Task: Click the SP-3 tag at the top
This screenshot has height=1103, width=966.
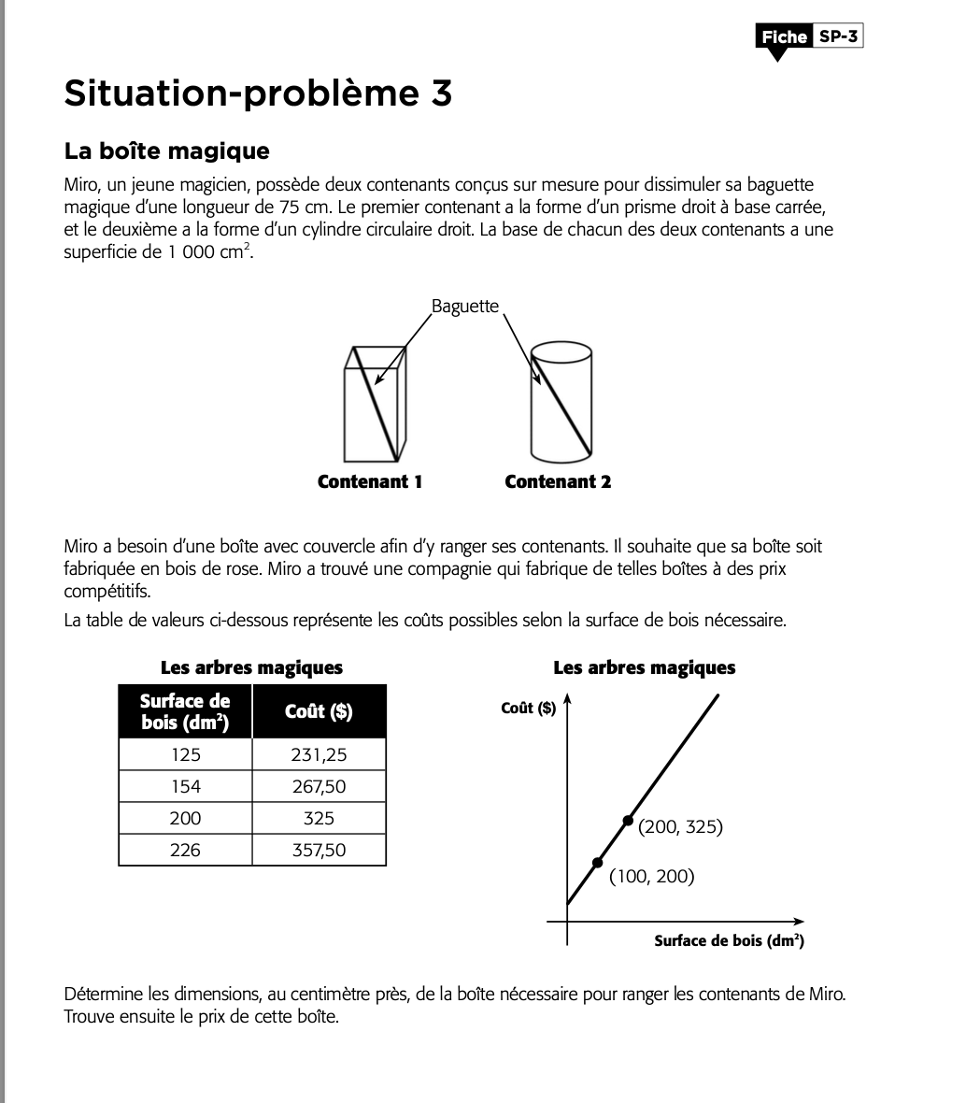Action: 837,36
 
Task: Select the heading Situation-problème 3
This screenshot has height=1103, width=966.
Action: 258,93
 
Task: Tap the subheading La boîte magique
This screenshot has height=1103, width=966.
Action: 166,151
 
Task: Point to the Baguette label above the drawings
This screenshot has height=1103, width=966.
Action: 464,307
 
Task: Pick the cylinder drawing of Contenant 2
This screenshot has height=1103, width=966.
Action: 561,403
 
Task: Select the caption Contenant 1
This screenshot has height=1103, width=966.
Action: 370,482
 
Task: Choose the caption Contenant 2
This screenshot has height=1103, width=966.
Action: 558,482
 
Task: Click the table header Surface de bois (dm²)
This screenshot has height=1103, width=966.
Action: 185,711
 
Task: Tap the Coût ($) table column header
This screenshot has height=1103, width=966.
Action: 319,711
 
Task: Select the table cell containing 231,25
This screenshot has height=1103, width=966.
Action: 319,754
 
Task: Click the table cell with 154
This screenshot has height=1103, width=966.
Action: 185,786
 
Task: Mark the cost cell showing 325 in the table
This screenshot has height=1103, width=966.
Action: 319,818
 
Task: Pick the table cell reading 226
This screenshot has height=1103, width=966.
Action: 185,850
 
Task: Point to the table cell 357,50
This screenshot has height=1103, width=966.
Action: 319,850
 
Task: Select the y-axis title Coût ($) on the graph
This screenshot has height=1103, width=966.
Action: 528,708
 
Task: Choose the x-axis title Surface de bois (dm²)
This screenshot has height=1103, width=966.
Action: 729,940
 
